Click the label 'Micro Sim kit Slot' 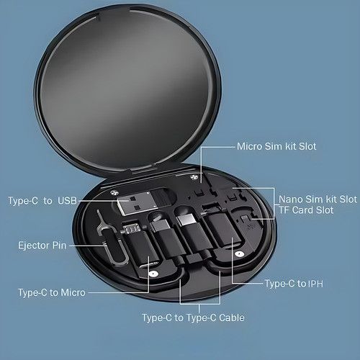[276, 146]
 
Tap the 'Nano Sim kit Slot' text [318, 199]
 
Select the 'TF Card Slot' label [306, 210]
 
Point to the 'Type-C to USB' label [42, 201]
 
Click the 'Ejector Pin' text [42, 246]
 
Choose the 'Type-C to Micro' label [52, 292]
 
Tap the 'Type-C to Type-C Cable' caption [193, 318]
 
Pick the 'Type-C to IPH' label [294, 284]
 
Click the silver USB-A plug [138, 202]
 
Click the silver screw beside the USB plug [114, 192]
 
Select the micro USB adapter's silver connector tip [132, 229]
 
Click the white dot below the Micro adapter [153, 274]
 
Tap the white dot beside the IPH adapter [238, 254]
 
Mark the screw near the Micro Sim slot [194, 178]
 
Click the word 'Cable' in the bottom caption [232, 318]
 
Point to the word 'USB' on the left [68, 201]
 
